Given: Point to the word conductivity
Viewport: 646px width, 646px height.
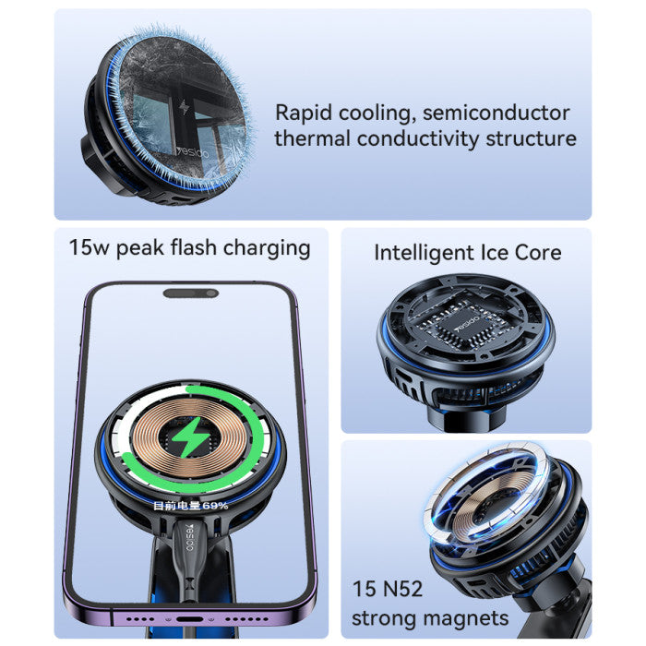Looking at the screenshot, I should tap(420, 138).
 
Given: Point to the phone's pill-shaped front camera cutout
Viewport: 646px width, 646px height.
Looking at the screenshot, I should tap(191, 293).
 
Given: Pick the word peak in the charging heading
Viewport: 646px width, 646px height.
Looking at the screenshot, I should tap(139, 247).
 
